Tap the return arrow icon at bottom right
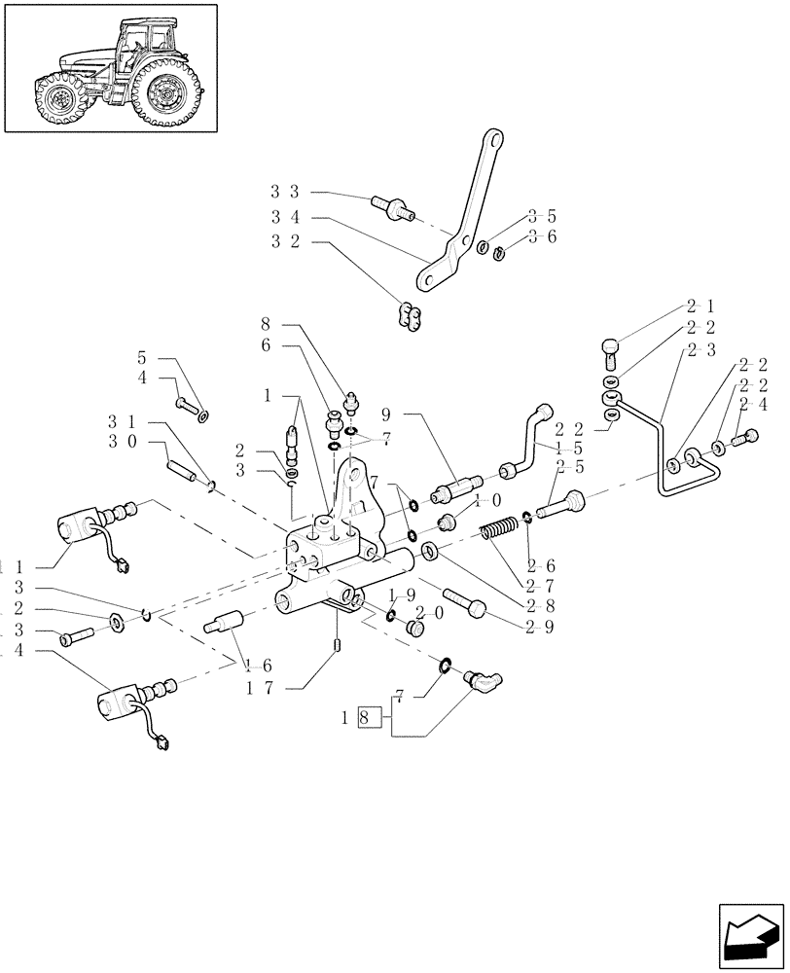point(749,935)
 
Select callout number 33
point(284,192)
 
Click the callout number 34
point(284,217)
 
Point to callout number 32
point(284,242)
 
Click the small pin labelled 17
point(337,645)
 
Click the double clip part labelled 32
point(410,316)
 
